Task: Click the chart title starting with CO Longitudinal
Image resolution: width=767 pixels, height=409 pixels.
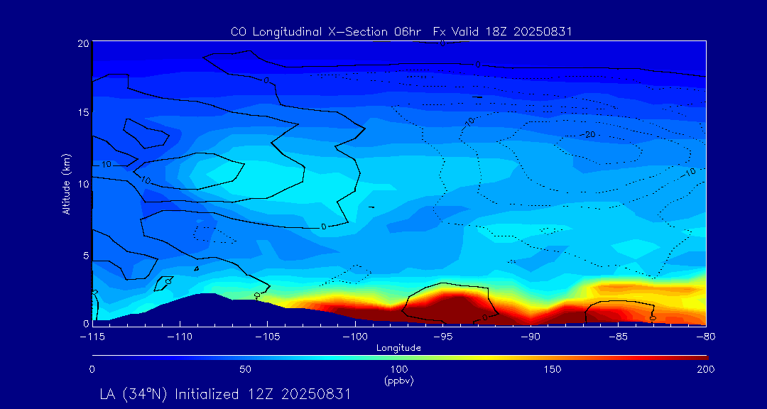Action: (401, 31)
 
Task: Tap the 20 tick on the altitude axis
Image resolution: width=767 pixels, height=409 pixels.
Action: (82, 43)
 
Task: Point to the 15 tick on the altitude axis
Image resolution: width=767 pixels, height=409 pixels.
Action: (82, 113)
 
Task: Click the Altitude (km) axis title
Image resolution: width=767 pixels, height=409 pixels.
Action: (67, 184)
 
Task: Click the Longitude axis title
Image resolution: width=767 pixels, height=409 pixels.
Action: (398, 348)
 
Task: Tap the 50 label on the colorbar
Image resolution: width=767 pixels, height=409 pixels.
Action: (245, 369)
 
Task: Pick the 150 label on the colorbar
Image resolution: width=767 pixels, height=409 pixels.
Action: (552, 369)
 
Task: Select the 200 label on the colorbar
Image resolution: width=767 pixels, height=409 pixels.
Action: (705, 369)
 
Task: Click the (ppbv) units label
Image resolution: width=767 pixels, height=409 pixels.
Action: (398, 381)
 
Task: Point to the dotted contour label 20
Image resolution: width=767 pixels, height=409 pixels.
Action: (590, 134)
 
